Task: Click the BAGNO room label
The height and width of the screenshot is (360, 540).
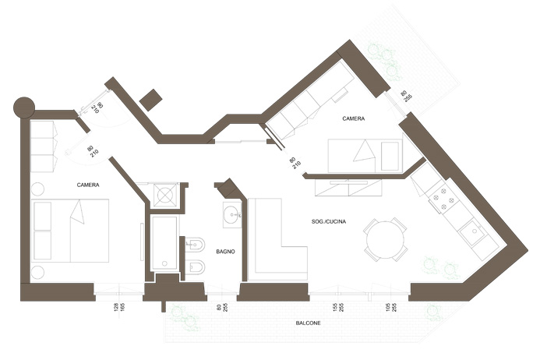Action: (x=225, y=252)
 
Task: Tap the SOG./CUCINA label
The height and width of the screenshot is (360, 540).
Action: (x=329, y=221)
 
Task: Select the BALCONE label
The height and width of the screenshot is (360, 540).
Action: (x=309, y=323)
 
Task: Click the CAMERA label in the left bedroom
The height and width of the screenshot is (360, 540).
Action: (x=88, y=185)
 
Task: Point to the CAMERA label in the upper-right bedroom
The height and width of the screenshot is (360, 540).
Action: (x=353, y=118)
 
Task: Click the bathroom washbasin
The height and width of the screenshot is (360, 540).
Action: (x=232, y=214)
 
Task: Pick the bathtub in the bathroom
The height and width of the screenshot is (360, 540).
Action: (x=164, y=243)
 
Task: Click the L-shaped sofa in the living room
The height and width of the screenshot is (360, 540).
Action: (x=277, y=239)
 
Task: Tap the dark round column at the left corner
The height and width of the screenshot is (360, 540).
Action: (x=23, y=108)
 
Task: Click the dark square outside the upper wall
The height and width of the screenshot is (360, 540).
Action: (x=151, y=100)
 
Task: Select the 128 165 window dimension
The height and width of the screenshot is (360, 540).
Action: (x=119, y=307)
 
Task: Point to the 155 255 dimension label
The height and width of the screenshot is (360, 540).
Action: (x=338, y=307)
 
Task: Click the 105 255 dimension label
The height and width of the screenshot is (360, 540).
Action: (x=391, y=307)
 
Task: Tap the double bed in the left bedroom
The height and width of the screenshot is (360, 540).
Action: (x=70, y=231)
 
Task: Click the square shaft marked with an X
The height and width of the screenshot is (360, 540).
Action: (x=164, y=196)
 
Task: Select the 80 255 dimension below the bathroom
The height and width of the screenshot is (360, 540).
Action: (x=222, y=307)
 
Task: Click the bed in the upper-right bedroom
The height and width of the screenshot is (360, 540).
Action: (x=365, y=155)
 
